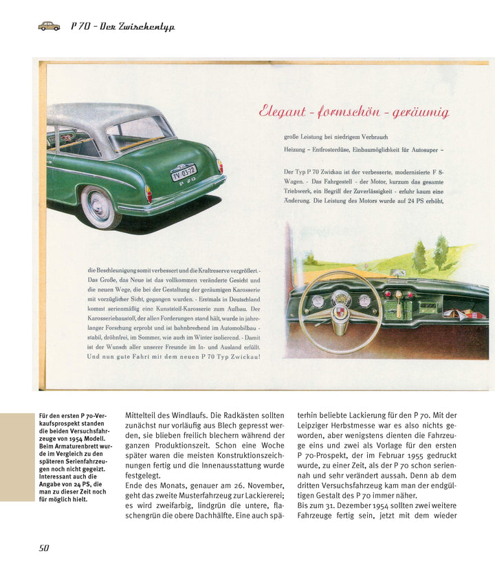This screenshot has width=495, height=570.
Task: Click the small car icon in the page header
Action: [x=49, y=26]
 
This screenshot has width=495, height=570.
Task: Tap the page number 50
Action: [x=43, y=547]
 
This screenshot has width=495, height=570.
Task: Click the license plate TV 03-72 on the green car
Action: [x=184, y=171]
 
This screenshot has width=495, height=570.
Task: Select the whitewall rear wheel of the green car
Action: [x=100, y=207]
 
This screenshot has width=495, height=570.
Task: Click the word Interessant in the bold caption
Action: [x=57, y=476]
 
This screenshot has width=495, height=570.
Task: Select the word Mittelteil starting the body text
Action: [x=144, y=416]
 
